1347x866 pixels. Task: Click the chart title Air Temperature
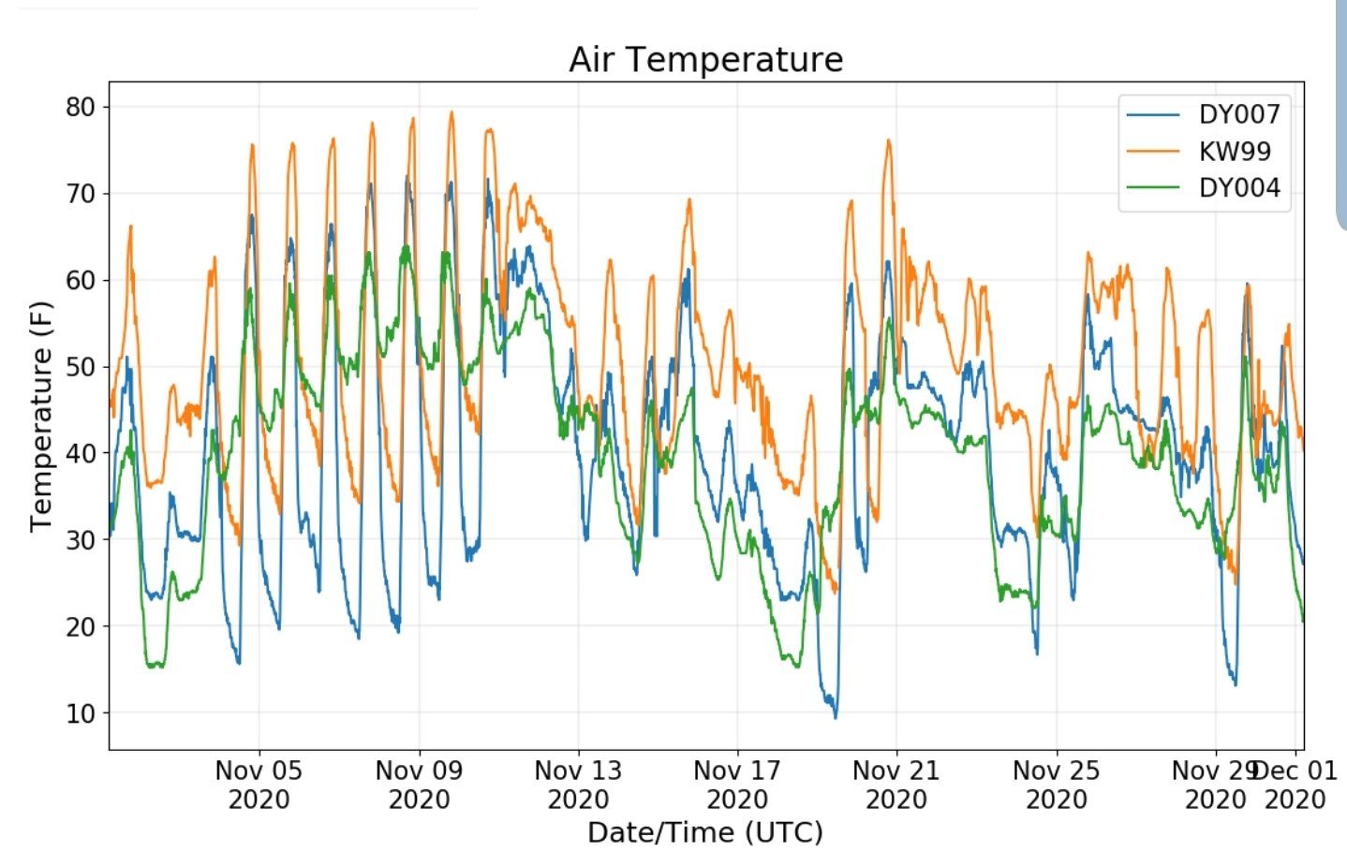pos(706,60)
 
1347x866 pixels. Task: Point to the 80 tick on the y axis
pos(81,107)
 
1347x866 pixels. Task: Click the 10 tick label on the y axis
pos(81,713)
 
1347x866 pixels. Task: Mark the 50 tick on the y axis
pos(81,367)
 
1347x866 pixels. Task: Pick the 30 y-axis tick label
pos(81,540)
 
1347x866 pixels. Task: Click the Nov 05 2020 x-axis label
pos(259,785)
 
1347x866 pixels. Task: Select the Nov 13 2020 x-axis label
pos(579,785)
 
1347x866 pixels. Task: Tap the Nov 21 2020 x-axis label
pos(896,785)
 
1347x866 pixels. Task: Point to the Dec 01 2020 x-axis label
pos(1295,785)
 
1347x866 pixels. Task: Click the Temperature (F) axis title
pos(41,417)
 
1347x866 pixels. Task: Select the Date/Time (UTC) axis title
pos(705,833)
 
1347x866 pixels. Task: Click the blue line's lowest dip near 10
pos(836,717)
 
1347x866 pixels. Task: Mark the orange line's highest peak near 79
pos(451,111)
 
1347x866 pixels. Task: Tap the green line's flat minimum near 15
pos(155,665)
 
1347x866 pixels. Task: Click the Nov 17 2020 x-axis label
pos(737,785)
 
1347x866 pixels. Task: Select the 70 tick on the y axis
pos(81,194)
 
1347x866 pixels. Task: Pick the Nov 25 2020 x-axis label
pos(1057,785)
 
